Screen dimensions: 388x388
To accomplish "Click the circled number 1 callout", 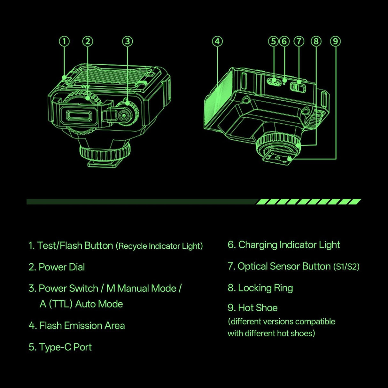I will click(x=64, y=41).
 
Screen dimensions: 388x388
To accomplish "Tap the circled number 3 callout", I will click(x=127, y=41).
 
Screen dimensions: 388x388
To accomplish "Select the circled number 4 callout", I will click(x=217, y=41).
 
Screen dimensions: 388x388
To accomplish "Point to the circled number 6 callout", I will click(x=284, y=41).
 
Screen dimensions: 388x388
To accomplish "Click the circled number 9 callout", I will click(x=335, y=41).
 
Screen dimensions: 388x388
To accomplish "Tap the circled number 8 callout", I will click(x=316, y=41).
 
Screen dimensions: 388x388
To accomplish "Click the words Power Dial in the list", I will click(x=62, y=267).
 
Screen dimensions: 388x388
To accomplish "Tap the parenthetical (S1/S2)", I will click(x=346, y=267).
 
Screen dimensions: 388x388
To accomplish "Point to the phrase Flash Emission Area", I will click(x=82, y=326).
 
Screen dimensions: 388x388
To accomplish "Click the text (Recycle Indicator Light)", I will click(x=159, y=246).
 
